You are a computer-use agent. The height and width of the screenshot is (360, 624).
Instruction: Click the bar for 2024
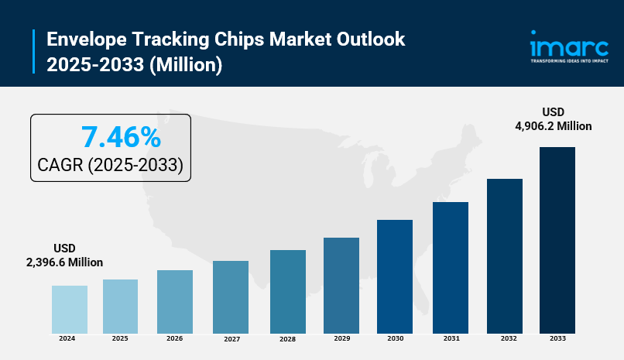(x=70, y=309)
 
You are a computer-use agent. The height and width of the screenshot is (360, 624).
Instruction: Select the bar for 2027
(x=231, y=297)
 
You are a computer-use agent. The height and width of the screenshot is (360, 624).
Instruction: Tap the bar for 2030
(x=395, y=276)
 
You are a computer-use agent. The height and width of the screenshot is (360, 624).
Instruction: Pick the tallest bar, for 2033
(x=557, y=240)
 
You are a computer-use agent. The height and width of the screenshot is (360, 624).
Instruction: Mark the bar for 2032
(x=505, y=255)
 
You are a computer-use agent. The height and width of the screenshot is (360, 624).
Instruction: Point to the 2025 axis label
(x=120, y=338)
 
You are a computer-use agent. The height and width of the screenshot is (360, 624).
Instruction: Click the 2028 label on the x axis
(x=288, y=339)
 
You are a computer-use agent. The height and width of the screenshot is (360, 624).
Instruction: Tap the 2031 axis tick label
(x=451, y=338)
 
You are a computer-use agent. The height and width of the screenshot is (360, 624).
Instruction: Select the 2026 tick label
(x=175, y=338)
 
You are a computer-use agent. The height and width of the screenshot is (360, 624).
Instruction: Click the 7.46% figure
(x=121, y=138)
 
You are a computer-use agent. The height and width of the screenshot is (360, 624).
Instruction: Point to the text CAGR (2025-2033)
(x=110, y=165)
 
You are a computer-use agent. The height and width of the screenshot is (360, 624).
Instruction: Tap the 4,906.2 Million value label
(x=554, y=126)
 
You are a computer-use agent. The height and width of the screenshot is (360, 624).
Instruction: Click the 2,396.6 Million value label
(x=65, y=262)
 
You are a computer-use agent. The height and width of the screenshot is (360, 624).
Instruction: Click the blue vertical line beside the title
(x=34, y=52)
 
